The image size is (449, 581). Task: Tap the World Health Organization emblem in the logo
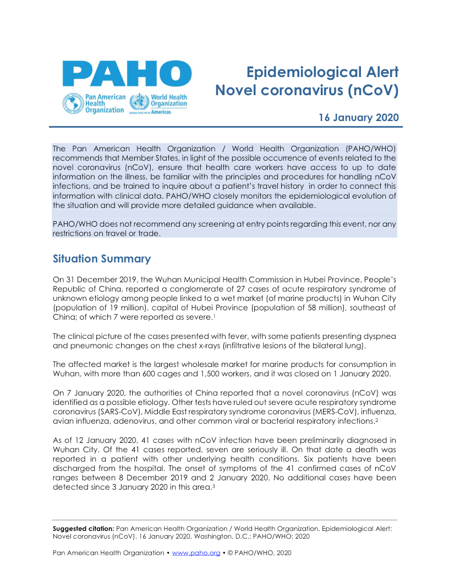(139, 102)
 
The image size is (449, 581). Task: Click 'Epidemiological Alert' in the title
(322, 72)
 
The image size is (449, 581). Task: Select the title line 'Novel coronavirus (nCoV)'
(306, 90)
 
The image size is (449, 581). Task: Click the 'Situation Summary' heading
(101, 259)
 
